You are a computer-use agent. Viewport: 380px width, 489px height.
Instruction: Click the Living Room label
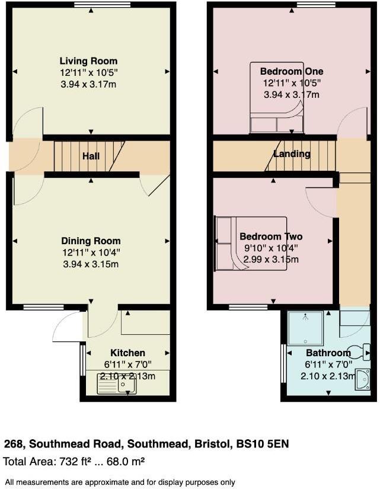pos(88,61)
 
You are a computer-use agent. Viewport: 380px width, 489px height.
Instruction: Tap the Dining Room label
pos(91,241)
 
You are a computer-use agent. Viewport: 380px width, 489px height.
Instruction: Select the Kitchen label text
pos(127,353)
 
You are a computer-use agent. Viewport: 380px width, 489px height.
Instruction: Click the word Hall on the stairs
pos(91,156)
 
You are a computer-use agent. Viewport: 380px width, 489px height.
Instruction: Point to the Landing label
pos(292,154)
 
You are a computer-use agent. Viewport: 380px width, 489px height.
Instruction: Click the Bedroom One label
pos(292,71)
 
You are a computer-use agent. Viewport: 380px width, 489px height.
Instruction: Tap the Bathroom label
pos(328,353)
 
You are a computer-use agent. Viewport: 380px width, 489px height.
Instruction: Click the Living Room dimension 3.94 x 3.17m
pos(88,85)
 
